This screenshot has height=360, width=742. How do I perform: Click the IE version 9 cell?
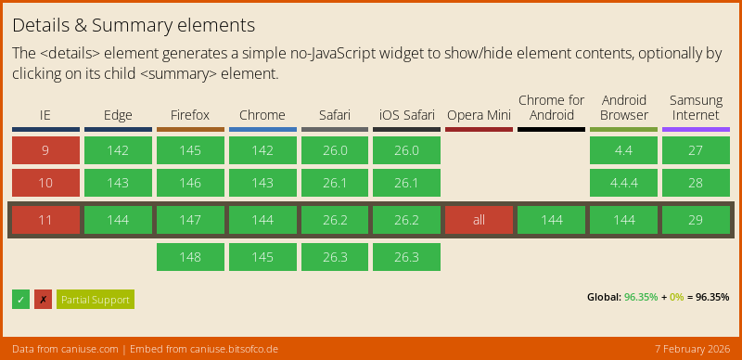point(45,150)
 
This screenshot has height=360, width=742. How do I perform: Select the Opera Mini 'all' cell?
point(479,220)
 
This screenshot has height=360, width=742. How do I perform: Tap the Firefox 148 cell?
point(190,257)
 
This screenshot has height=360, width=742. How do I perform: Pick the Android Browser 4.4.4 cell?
point(623,183)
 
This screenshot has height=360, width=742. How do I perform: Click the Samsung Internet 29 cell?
point(696,220)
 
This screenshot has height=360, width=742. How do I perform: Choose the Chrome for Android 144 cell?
point(551,220)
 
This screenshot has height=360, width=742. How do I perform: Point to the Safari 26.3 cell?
point(335,257)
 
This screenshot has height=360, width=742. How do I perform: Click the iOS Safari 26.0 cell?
point(406,150)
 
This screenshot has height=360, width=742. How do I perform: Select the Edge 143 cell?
point(119,183)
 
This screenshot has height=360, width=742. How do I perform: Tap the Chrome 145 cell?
point(262,257)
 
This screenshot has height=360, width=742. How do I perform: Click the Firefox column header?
point(190,115)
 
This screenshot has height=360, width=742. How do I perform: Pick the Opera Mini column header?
point(479,115)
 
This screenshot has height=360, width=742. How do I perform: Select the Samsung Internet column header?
point(696,108)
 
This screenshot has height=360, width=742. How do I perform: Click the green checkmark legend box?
point(20,300)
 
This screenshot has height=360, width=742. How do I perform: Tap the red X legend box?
point(43,300)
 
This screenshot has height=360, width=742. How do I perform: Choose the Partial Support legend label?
point(96,300)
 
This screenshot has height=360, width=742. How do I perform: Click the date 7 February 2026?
point(693,350)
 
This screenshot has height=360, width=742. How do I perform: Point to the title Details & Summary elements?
point(134,26)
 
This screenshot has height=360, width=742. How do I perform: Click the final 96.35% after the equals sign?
point(712,298)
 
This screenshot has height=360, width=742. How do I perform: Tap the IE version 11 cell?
point(45,220)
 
